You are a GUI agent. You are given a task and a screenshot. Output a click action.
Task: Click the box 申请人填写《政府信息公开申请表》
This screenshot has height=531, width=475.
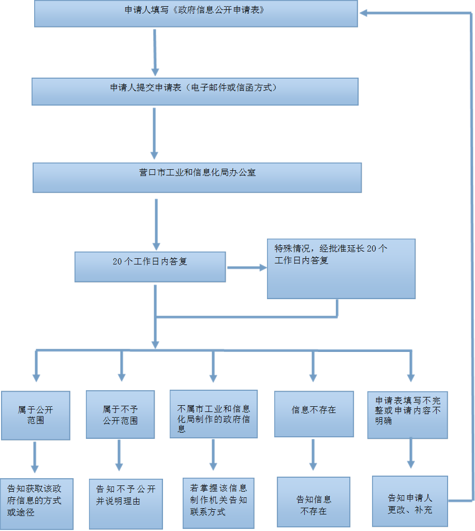pyautogui.click(x=196, y=13)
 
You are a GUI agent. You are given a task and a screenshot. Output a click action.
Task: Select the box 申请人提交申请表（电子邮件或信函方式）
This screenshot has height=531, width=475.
pyautogui.click(x=195, y=91)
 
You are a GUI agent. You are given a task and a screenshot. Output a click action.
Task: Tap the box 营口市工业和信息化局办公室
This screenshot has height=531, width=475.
pyautogui.click(x=197, y=178)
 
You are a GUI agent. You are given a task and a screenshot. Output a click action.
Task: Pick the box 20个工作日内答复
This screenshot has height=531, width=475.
pyautogui.click(x=150, y=267)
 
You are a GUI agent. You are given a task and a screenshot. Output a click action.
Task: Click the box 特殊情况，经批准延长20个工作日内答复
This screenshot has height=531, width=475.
pyautogui.click(x=341, y=268)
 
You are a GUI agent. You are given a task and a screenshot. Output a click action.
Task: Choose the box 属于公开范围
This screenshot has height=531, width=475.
pyautogui.click(x=35, y=415)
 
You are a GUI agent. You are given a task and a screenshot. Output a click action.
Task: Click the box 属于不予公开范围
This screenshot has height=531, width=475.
pyautogui.click(x=120, y=415)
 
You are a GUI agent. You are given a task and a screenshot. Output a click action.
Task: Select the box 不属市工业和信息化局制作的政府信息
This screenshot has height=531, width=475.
pyautogui.click(x=213, y=414)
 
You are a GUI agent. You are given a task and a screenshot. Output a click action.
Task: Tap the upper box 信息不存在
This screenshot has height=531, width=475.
pyautogui.click(x=314, y=414)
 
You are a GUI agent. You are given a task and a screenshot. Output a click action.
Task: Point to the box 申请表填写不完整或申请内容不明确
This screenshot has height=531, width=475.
pyautogui.click(x=407, y=414)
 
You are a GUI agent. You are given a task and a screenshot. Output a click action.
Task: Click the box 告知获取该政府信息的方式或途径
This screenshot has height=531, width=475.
pyautogui.click(x=36, y=504)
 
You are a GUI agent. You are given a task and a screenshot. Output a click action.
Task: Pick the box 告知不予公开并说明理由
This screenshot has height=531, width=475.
pyautogui.click(x=125, y=503)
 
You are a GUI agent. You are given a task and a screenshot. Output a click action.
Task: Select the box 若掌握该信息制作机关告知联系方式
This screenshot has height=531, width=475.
pyautogui.click(x=218, y=503)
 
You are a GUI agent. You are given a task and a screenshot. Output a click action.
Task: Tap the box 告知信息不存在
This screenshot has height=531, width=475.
pyautogui.click(x=313, y=502)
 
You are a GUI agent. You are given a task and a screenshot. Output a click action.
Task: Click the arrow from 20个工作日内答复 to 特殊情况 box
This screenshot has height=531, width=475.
pyautogui.click(x=246, y=268)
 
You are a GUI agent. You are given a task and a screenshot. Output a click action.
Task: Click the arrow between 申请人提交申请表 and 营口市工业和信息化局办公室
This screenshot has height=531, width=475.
pyautogui.click(x=154, y=134)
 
